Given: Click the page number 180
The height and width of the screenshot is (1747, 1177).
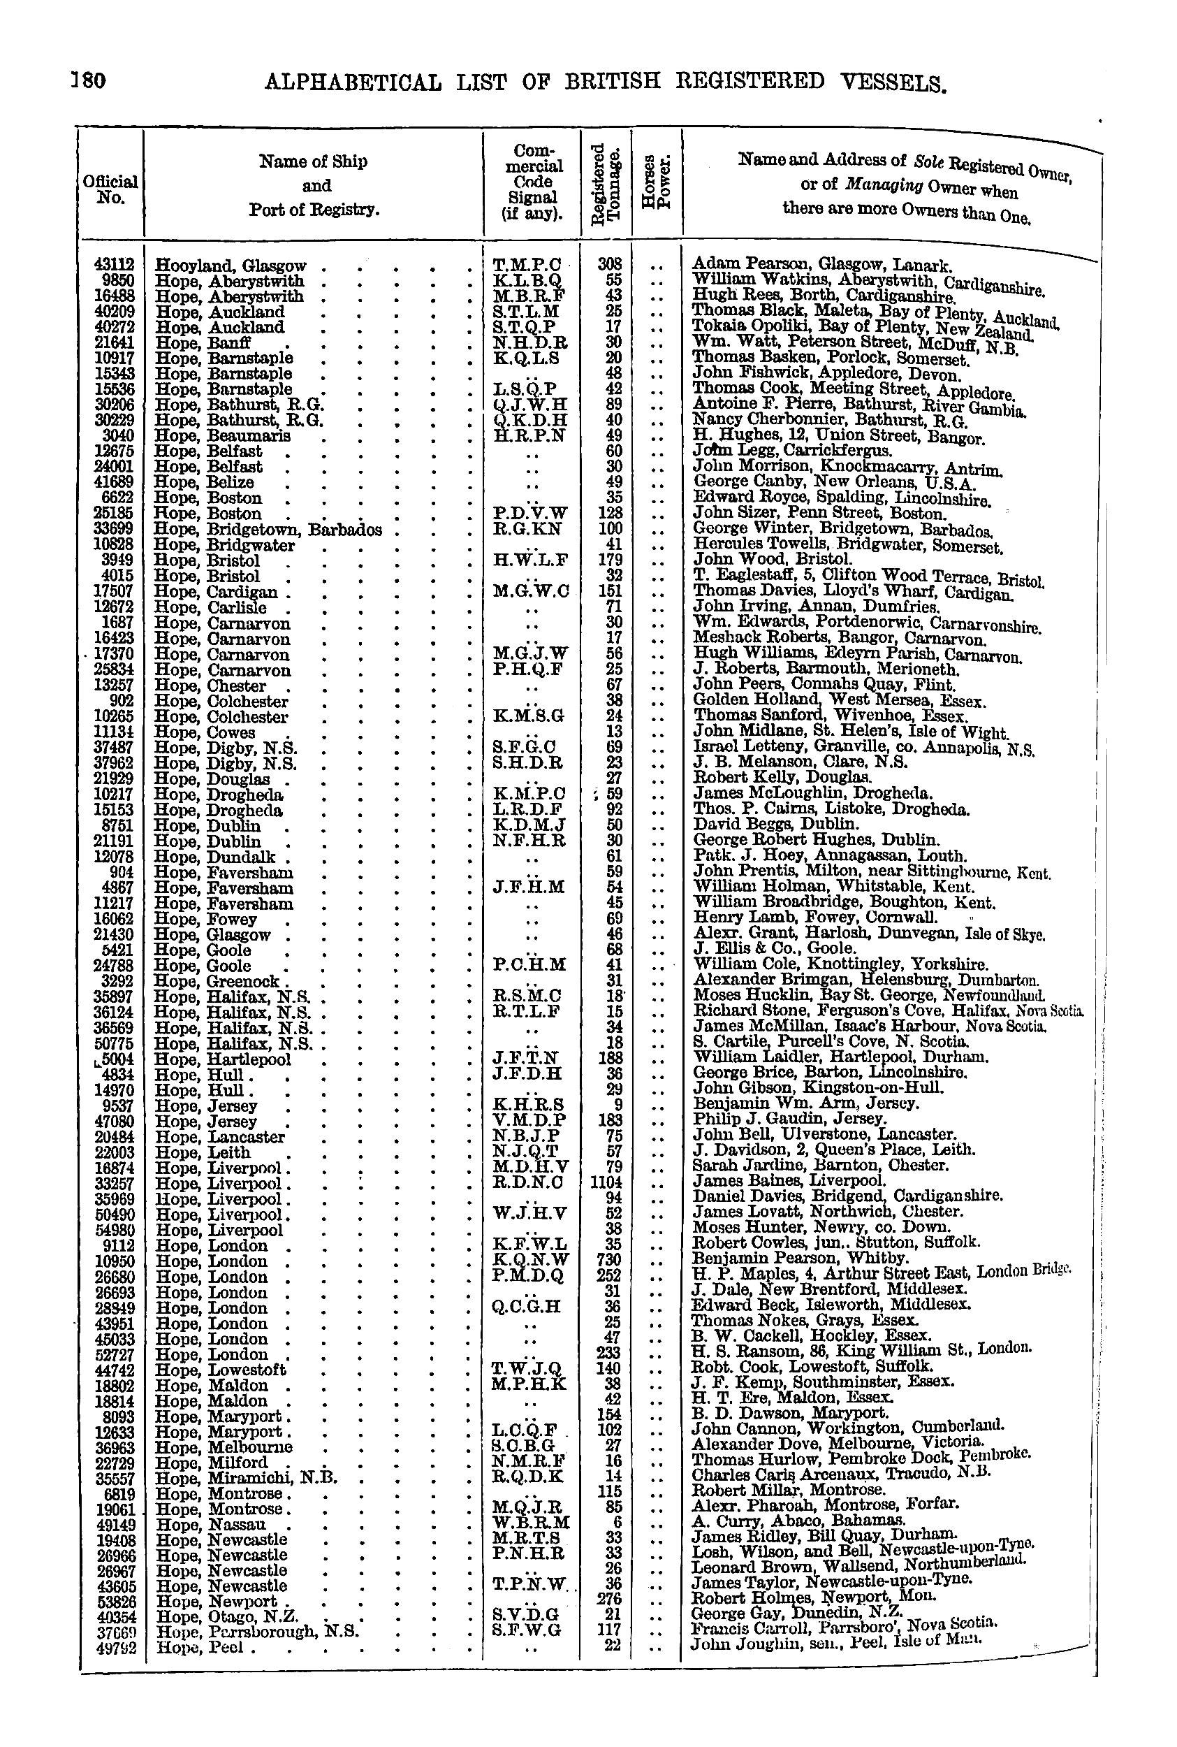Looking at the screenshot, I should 89,80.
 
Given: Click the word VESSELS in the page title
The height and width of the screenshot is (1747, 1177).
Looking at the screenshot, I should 885,82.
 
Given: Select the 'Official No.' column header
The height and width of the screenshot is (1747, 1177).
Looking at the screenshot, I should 110,189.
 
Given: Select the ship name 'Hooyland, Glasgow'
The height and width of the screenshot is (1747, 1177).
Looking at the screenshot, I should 231,265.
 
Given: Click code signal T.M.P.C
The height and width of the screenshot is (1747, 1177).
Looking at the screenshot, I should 527,264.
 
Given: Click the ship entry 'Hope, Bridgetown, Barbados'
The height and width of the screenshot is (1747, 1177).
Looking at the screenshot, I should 268,529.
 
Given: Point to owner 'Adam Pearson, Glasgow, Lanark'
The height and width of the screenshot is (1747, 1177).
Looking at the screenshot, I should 821,264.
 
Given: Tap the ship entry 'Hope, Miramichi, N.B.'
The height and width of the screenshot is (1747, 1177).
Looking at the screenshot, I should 246,1477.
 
